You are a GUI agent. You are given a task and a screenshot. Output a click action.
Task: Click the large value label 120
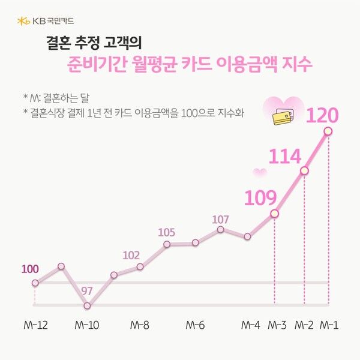pyautogui.click(x=322, y=115)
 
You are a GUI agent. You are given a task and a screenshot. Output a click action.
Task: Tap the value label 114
pyautogui.click(x=284, y=157)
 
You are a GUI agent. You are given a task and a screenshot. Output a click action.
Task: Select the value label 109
pyautogui.click(x=260, y=198)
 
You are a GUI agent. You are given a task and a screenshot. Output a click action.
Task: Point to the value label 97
pyautogui.click(x=87, y=291)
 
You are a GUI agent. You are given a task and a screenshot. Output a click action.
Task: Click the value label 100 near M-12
pyautogui.click(x=30, y=269)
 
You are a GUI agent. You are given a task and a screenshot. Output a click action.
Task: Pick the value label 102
pyautogui.click(x=131, y=255)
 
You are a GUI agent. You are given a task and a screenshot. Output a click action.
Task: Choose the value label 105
pyautogui.click(x=167, y=232)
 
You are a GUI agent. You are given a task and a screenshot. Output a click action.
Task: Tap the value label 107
pyautogui.click(x=221, y=218)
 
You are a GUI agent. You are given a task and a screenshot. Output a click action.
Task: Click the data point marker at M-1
pyautogui.click(x=328, y=131)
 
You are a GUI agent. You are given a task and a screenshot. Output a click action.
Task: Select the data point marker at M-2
pyautogui.click(x=304, y=171)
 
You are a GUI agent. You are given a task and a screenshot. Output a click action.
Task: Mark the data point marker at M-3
pyautogui.click(x=275, y=213)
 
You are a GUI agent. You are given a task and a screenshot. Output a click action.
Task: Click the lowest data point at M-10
pyautogui.click(x=87, y=305)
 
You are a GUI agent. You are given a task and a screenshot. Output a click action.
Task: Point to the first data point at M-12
pyautogui.click(x=35, y=283)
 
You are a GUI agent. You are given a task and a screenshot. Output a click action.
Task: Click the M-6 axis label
pyautogui.click(x=195, y=326)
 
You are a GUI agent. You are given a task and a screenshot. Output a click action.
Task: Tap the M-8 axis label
pyautogui.click(x=140, y=326)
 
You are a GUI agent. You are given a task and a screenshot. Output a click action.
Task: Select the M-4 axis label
pyautogui.click(x=250, y=326)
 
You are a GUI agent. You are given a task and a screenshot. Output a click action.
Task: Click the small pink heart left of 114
pyautogui.click(x=259, y=173)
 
